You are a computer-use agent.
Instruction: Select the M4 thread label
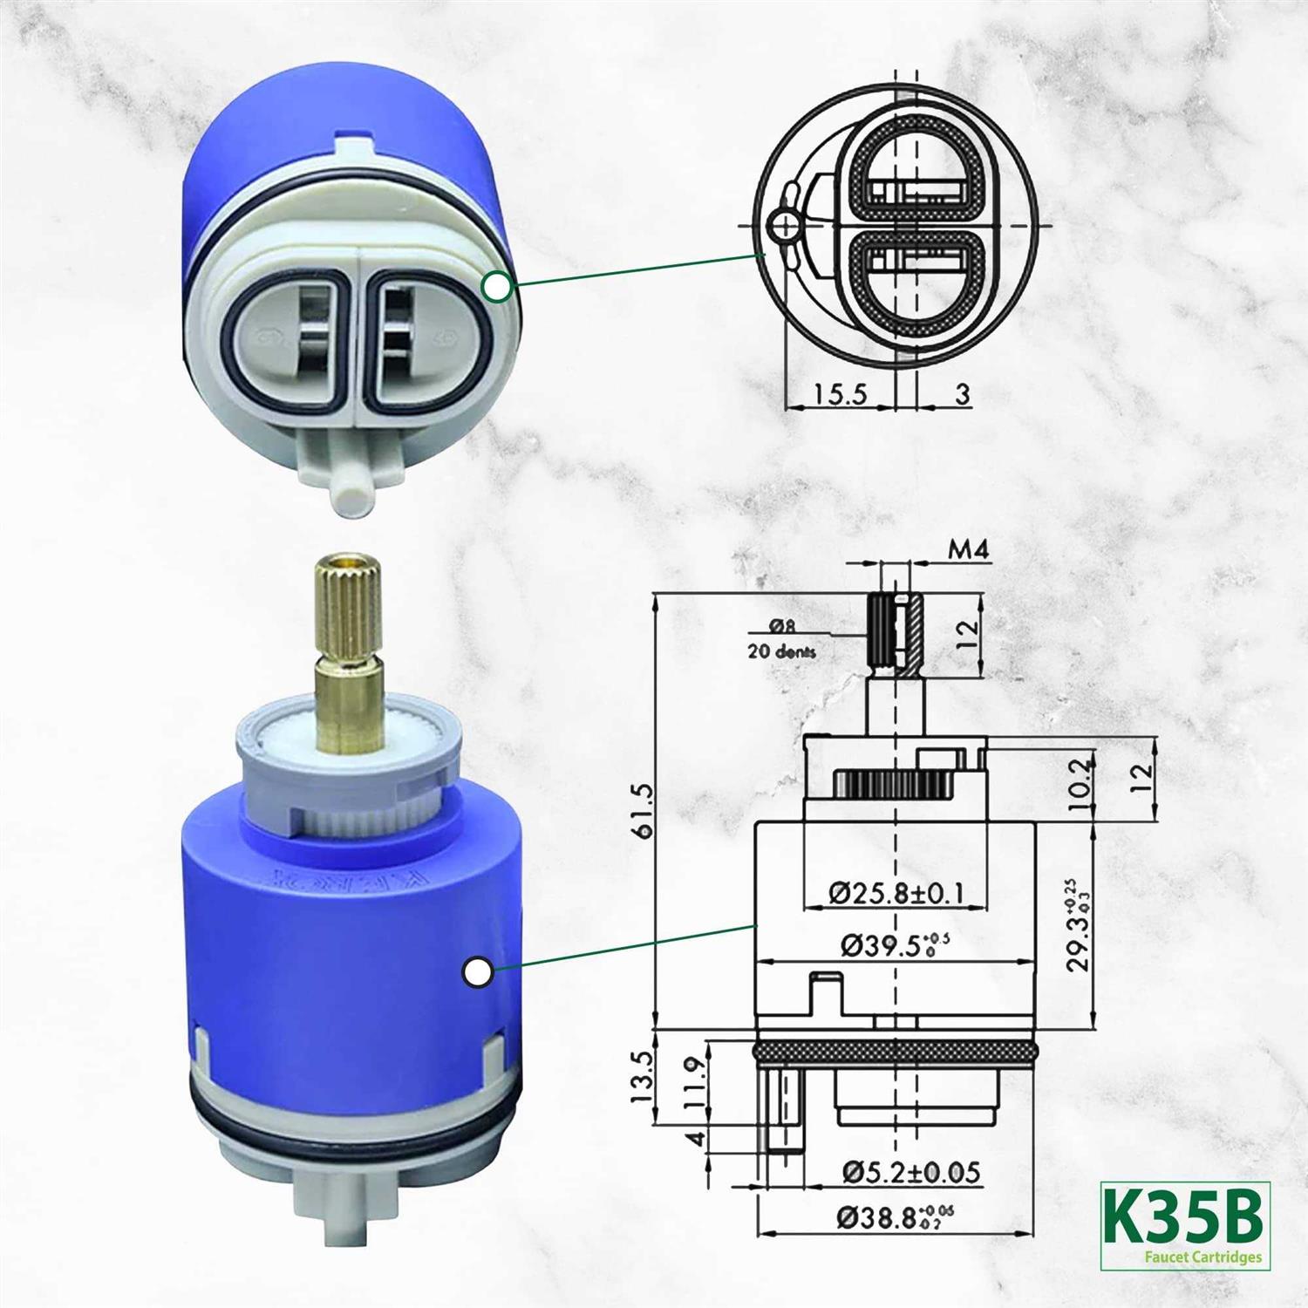[969, 550]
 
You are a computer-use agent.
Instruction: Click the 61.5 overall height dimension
[644, 811]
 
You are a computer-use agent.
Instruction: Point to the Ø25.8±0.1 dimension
[896, 893]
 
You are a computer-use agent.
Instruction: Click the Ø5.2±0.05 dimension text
[910, 1172]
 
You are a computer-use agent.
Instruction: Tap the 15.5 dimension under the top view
[841, 394]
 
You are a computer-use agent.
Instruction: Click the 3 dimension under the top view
[962, 394]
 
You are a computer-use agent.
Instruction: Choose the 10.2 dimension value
[1080, 784]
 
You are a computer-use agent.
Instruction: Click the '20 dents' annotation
[781, 651]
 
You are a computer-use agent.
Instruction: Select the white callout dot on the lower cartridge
[477, 972]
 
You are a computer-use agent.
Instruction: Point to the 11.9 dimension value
[694, 1083]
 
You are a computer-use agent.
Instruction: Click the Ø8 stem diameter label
[781, 625]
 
